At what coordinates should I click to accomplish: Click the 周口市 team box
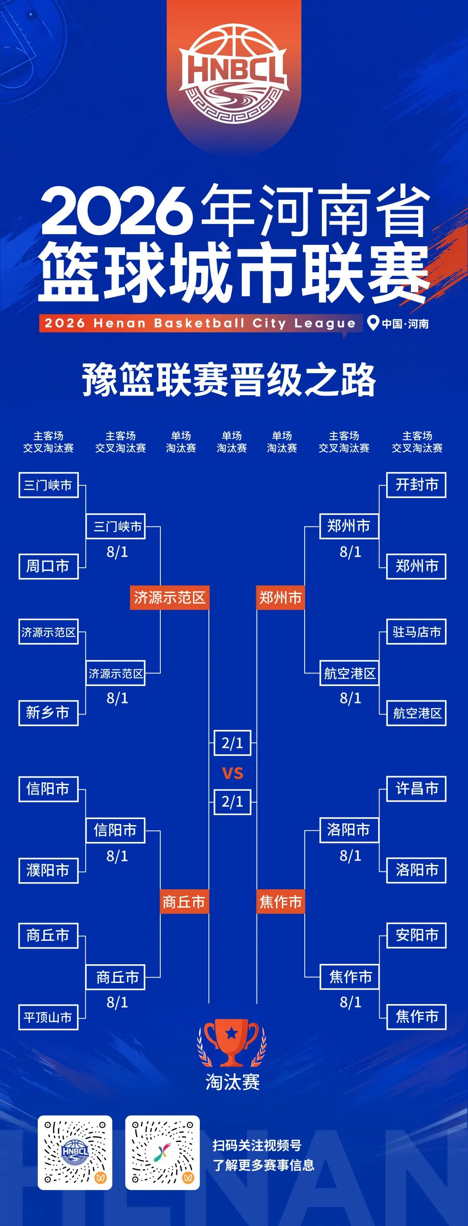(48, 566)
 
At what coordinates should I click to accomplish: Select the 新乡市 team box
(48, 713)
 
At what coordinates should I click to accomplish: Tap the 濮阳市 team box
(48, 871)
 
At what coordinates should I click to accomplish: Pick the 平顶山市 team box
(48, 1017)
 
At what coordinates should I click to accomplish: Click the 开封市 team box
(416, 485)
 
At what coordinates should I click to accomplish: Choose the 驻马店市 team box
(416, 631)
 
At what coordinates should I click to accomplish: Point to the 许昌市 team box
(416, 789)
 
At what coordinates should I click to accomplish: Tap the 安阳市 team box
(416, 936)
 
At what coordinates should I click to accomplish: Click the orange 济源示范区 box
(169, 598)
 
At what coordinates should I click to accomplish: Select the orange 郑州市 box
(280, 598)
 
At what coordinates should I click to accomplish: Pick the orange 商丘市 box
(184, 902)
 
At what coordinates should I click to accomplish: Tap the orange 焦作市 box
(280, 902)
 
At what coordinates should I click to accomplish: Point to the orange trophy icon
(232, 1043)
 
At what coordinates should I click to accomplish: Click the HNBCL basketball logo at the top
(233, 74)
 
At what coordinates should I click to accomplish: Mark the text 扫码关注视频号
(257, 1145)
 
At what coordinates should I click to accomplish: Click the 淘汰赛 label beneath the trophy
(232, 1083)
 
